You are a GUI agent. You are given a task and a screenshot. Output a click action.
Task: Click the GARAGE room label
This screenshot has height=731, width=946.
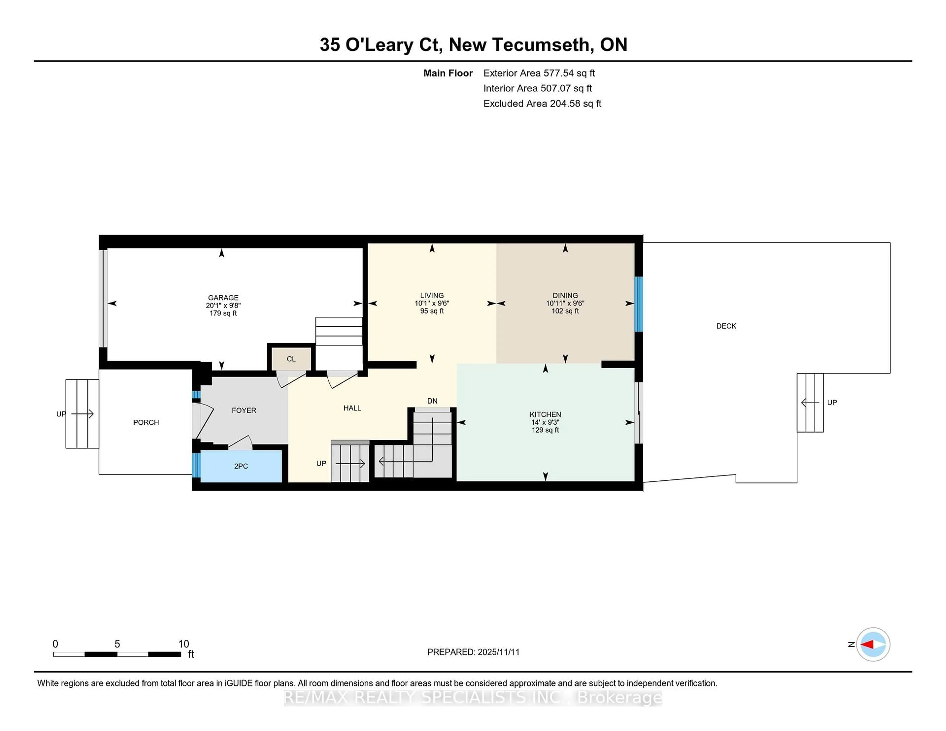223,298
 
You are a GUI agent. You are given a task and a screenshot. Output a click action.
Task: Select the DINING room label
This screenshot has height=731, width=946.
565,295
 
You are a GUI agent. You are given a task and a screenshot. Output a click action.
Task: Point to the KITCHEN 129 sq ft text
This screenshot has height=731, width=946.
545,430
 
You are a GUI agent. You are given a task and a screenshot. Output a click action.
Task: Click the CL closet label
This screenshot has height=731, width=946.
291,359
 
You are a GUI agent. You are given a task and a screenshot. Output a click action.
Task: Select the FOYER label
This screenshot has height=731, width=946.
244,410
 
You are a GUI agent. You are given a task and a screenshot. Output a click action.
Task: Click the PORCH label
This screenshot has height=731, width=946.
146,422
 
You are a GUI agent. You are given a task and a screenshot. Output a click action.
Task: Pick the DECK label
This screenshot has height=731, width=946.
726,326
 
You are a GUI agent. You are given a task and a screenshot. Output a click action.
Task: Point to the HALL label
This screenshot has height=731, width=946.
352,408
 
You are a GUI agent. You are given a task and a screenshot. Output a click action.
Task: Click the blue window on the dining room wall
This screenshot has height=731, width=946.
639,304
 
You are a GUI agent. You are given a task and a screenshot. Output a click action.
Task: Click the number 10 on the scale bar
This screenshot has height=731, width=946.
184,644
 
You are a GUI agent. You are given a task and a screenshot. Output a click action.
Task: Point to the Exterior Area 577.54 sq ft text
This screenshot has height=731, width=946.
539,73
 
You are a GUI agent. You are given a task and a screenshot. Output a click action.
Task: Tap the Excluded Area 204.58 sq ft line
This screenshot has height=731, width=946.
542,103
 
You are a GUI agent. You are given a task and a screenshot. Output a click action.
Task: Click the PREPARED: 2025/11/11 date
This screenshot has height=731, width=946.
473,652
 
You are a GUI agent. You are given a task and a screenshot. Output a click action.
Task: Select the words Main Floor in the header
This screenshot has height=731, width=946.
448,73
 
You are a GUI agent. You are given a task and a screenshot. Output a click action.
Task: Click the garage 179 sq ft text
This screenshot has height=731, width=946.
223,313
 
